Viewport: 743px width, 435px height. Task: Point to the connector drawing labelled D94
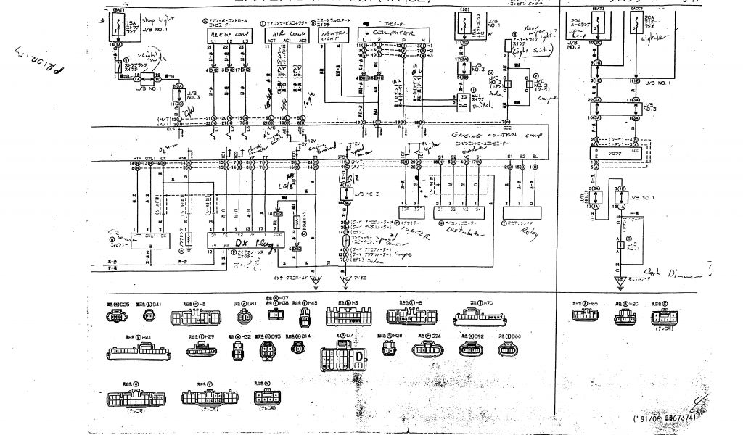[x=427, y=351]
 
